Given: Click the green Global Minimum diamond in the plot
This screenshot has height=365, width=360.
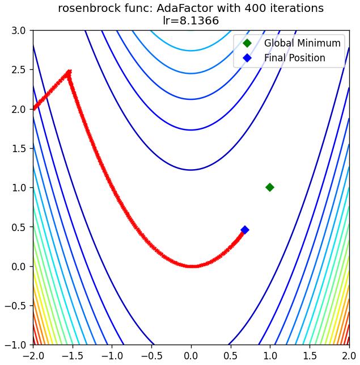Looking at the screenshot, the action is (270, 187).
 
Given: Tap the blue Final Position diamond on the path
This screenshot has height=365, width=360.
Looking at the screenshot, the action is (245, 230).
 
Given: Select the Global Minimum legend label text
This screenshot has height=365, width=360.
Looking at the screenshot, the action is (302, 43).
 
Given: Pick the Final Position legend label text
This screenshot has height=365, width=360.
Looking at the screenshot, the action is (295, 58).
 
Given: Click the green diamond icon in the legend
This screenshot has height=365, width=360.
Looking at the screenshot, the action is (247, 43).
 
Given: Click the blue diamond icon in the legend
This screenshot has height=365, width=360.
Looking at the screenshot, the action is (247, 58).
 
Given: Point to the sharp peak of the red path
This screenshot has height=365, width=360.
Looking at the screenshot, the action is (69, 71).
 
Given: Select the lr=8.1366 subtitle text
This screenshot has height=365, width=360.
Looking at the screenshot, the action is (191, 20).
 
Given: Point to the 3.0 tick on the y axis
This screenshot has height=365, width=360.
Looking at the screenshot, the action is (19, 31).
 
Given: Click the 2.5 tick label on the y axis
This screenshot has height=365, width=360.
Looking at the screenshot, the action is (19, 70).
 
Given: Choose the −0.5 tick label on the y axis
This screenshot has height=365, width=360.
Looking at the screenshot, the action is (15, 305).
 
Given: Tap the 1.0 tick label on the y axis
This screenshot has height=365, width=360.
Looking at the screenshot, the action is (19, 188).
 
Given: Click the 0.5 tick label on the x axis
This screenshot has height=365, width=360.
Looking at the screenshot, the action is (231, 356).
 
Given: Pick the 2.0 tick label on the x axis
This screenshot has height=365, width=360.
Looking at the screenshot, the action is (349, 356).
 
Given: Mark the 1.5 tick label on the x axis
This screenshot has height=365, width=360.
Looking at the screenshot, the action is (310, 356).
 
